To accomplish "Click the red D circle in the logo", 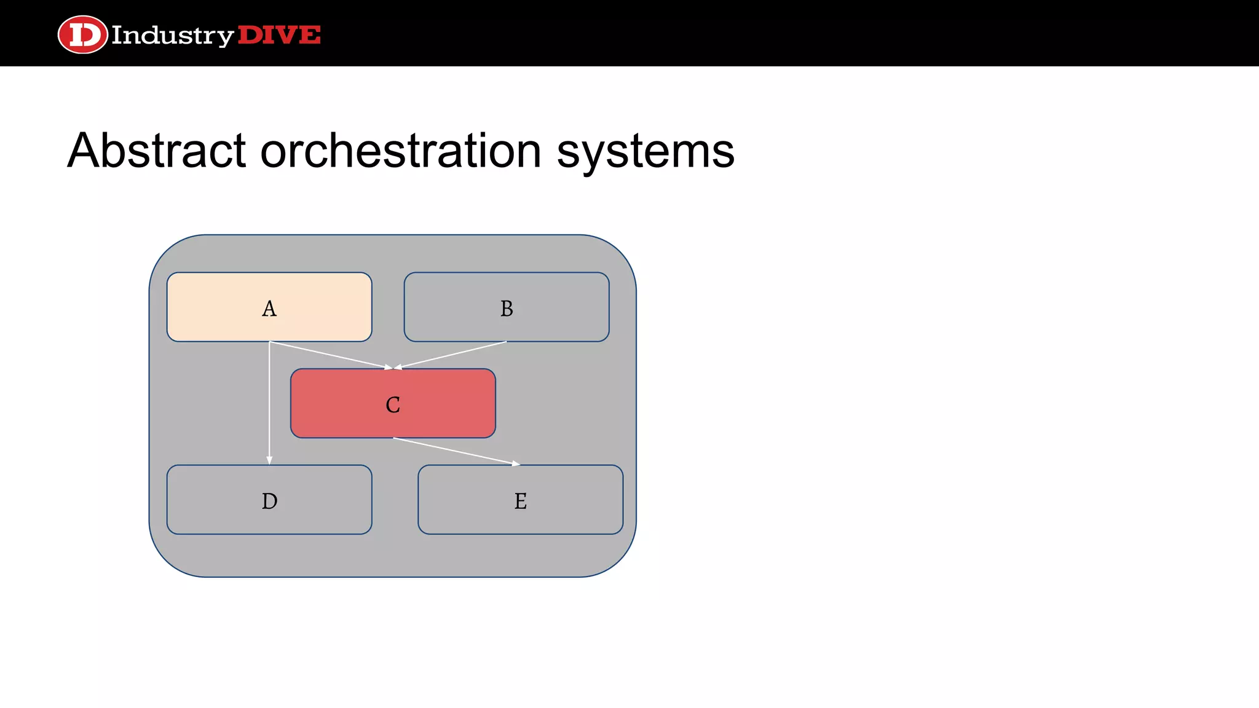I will tap(82, 34).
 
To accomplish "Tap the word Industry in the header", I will tap(172, 36).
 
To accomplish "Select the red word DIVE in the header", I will tap(278, 35).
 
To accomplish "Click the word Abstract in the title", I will tap(157, 151).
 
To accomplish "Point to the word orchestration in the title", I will tap(401, 151).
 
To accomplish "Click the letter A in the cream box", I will tap(269, 309).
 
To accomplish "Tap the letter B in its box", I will tap(507, 309).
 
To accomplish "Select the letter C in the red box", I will tap(393, 405).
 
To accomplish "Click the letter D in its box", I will tap(269, 502).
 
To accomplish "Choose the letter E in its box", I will tap(520, 502).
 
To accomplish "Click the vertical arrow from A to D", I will tap(269, 406).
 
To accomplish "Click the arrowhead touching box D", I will tap(269, 460).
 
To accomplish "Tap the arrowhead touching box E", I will tap(516, 464).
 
